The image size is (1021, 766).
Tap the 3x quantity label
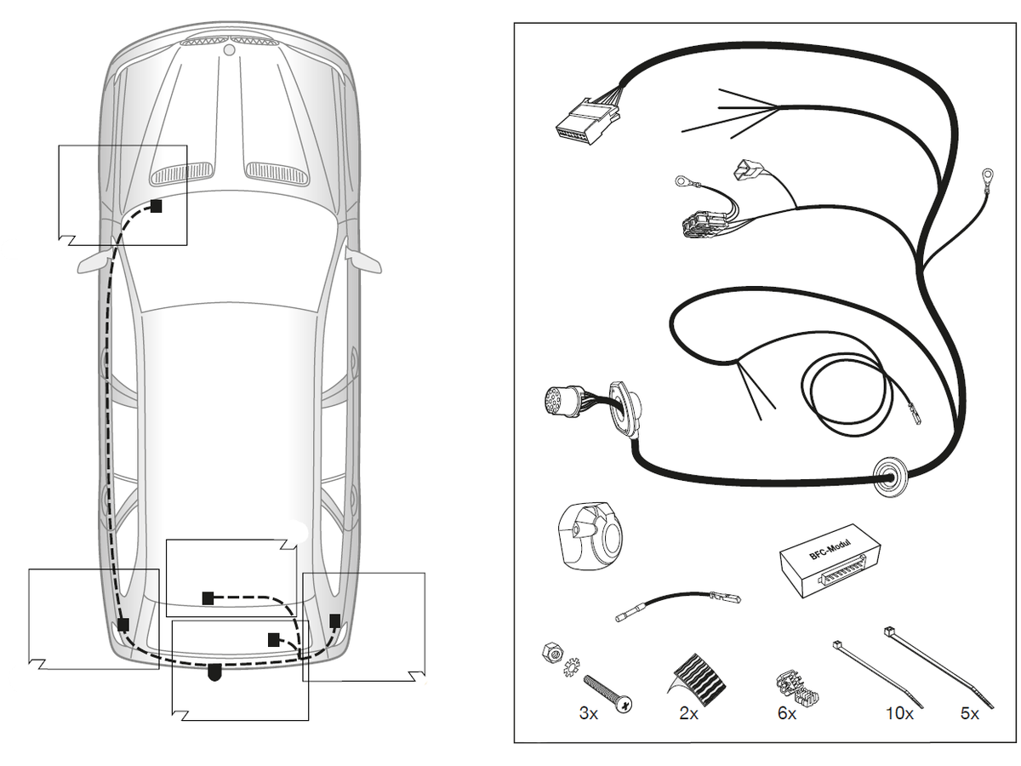588,713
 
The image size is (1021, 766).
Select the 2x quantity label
688,713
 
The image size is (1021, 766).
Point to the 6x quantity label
786,713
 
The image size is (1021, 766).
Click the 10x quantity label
899,713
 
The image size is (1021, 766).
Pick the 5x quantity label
969,713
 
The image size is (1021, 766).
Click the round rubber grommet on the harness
890,476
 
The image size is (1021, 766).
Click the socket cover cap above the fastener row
590,535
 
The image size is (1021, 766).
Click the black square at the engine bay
157,206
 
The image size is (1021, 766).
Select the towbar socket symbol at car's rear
214,672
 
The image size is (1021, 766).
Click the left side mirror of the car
95,262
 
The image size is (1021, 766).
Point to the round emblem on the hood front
230,49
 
